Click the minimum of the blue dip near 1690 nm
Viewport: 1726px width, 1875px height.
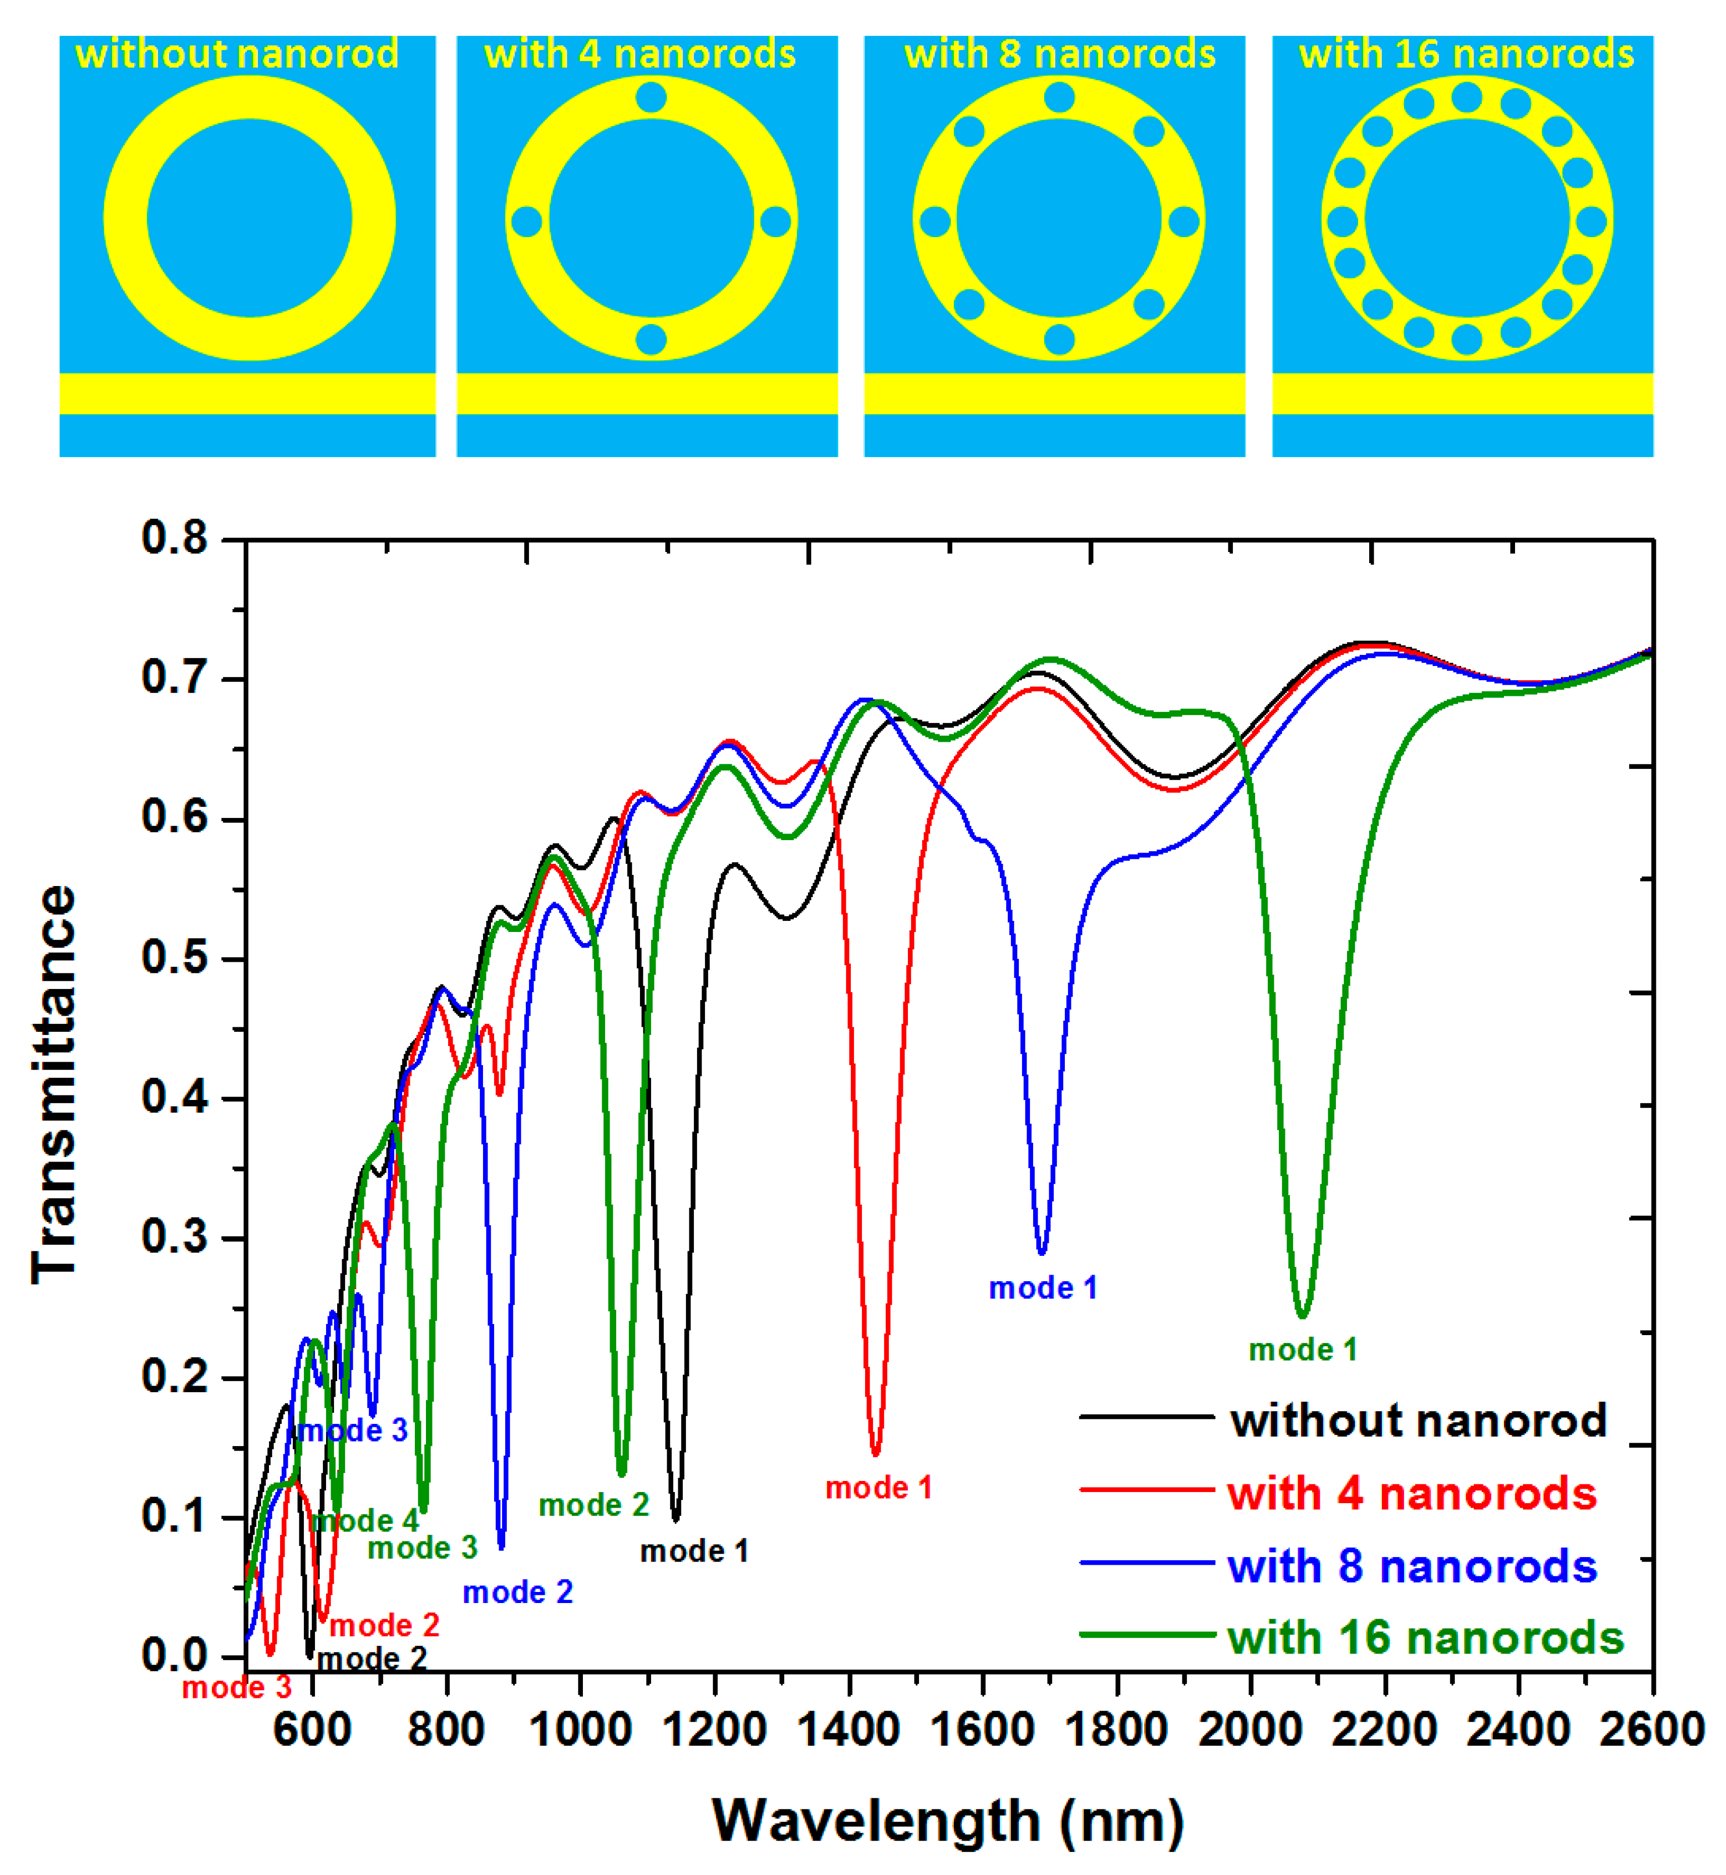pyautogui.click(x=1041, y=1252)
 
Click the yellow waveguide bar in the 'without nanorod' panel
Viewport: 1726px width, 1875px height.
pyautogui.click(x=247, y=393)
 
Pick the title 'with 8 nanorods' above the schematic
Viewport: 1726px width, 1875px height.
pyautogui.click(x=1059, y=54)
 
